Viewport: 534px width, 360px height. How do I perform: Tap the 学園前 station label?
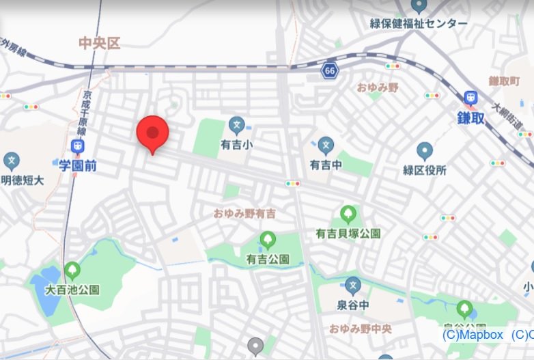(x=79, y=164)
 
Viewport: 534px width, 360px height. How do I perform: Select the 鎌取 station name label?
(x=470, y=117)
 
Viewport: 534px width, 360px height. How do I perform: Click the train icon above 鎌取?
(x=470, y=98)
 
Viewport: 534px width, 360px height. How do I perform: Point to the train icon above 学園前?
(x=78, y=146)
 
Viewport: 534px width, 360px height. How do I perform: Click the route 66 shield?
(x=331, y=71)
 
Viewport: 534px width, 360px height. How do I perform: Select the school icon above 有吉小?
(x=236, y=125)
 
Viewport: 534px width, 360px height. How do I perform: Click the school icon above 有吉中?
(x=326, y=145)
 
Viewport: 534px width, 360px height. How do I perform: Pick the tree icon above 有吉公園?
(x=267, y=240)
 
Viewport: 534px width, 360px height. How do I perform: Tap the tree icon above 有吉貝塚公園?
(x=348, y=214)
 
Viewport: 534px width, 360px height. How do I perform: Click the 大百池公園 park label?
(x=72, y=290)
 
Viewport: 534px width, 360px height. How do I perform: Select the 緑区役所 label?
(x=425, y=170)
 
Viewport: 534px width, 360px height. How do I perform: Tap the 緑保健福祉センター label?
(x=419, y=24)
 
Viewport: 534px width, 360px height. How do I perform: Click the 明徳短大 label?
(x=22, y=180)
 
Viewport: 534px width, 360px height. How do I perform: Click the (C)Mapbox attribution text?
(x=473, y=335)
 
